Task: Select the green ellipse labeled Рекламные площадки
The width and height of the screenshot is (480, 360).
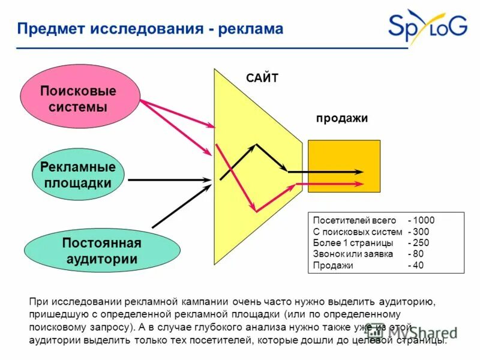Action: tap(77, 174)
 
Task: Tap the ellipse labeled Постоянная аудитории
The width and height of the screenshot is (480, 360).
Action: tap(101, 251)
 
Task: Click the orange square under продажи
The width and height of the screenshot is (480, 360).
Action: tap(344, 166)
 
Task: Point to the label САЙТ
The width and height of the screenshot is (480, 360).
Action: tap(262, 79)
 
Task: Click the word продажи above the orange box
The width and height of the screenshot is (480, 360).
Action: tap(341, 119)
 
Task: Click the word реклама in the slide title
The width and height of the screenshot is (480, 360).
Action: tap(250, 29)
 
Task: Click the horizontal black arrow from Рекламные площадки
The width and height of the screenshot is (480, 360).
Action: tap(170, 179)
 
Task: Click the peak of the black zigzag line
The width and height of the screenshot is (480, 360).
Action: tap(257, 145)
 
